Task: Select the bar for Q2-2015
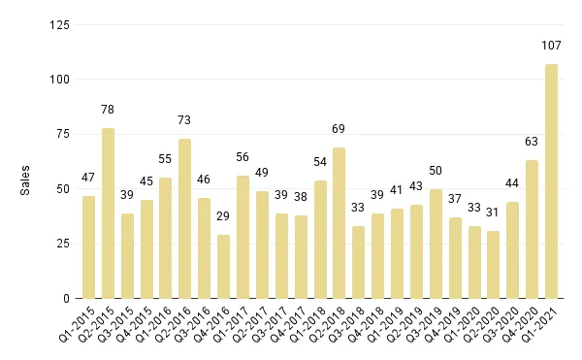tap(108, 213)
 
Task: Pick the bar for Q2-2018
tap(339, 223)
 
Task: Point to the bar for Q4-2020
tap(532, 229)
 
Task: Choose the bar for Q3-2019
tap(436, 244)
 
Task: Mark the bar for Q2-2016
tap(184, 218)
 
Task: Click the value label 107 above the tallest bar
tap(551, 45)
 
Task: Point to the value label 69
tap(339, 128)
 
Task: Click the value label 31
tap(493, 212)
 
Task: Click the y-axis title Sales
tap(26, 180)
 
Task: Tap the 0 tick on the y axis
tap(66, 298)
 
